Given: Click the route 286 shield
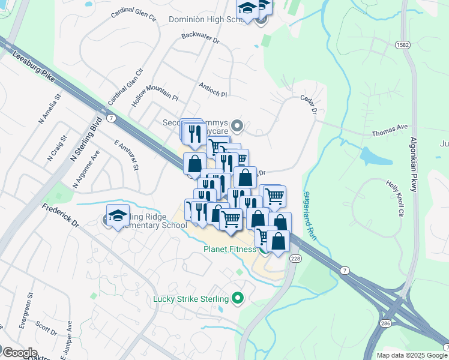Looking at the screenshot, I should [x=385, y=323].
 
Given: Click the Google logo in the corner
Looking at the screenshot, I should [x=19, y=352].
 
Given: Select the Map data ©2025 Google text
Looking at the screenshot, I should [x=412, y=355].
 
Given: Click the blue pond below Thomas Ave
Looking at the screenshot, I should [x=369, y=156].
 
